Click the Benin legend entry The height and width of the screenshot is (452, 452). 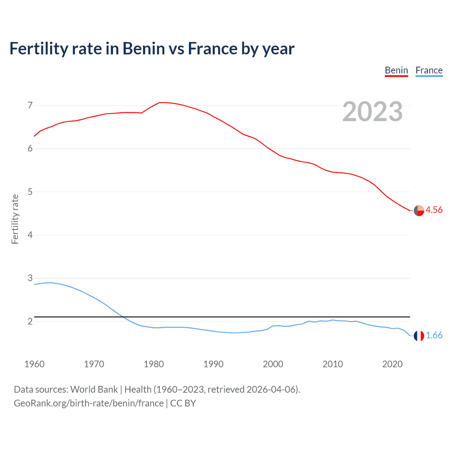pyautogui.click(x=396, y=70)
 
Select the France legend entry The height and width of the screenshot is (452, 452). pyautogui.click(x=429, y=70)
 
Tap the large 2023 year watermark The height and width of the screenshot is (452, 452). pyautogui.click(x=373, y=112)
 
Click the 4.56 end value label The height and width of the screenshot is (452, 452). pyautogui.click(x=434, y=210)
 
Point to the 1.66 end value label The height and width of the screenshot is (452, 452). pyautogui.click(x=434, y=335)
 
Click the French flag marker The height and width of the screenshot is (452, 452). pyautogui.click(x=419, y=336)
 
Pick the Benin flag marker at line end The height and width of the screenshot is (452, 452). pyautogui.click(x=419, y=210)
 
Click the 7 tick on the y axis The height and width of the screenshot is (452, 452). pyautogui.click(x=30, y=105)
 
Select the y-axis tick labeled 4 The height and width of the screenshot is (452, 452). pyautogui.click(x=30, y=235)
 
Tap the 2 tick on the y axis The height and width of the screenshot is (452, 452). pyautogui.click(x=30, y=321)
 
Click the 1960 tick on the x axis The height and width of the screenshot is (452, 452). pyautogui.click(x=34, y=364)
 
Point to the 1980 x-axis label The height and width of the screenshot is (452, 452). pyautogui.click(x=154, y=364)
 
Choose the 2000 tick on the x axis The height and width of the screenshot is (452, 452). pyautogui.click(x=273, y=364)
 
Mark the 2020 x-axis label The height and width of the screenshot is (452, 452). pyautogui.click(x=392, y=364)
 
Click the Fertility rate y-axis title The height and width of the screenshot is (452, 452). pyautogui.click(x=15, y=219)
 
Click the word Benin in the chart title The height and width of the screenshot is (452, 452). pyautogui.click(x=143, y=48)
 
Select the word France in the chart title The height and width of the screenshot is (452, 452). pyautogui.click(x=213, y=48)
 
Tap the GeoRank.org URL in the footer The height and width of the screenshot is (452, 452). pyautogui.click(x=89, y=403)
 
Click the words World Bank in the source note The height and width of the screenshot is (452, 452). pyautogui.click(x=94, y=389)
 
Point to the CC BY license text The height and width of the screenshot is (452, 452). pyautogui.click(x=183, y=403)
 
